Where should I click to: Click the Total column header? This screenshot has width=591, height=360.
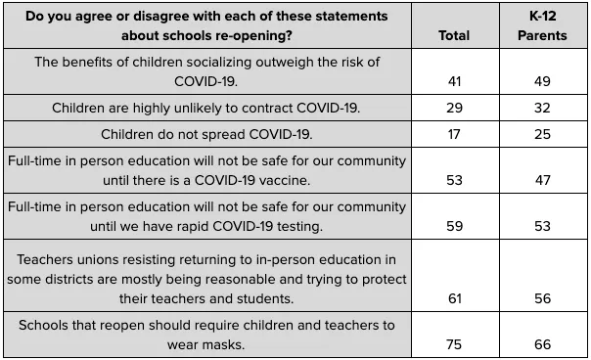454,35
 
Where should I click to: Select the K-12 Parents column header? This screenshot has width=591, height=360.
542,25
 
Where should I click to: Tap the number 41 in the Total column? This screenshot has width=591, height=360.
455,81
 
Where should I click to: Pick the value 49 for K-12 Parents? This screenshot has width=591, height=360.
542,81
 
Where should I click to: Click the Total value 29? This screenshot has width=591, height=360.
455,109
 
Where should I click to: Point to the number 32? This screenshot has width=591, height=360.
542,109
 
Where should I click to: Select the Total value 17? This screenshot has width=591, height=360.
454,135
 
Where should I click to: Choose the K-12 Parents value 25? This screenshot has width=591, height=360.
542,135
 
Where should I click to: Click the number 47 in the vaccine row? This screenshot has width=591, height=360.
542,180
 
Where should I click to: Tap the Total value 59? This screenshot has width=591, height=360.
455,226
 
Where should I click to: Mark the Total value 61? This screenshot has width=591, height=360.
455,298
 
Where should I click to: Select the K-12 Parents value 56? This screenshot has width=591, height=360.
542,298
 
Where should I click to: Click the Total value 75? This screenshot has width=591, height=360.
454,344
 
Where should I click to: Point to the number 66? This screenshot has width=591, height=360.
542,344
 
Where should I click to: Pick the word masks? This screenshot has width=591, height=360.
225,345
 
